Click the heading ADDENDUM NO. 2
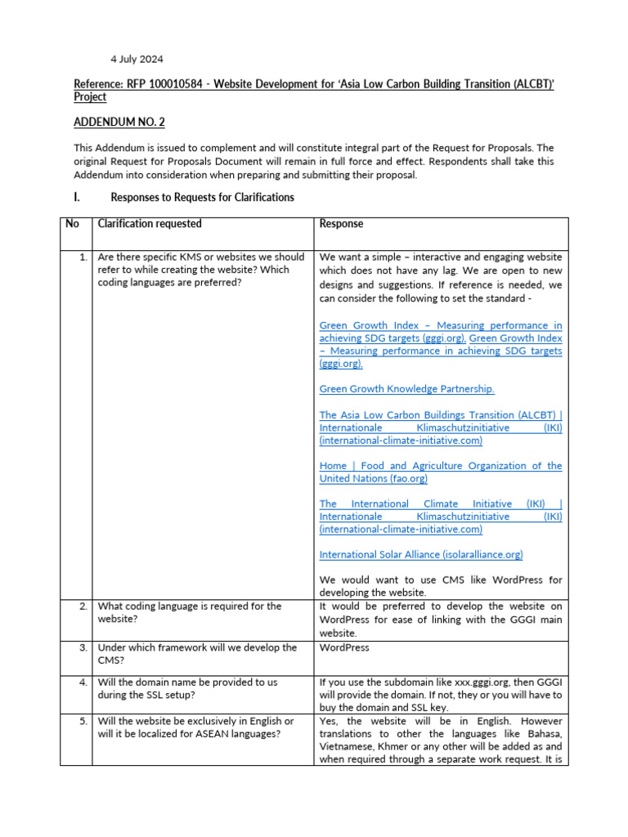119,122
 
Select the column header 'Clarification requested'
150,223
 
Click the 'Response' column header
341,223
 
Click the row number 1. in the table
83,257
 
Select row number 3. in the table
83,647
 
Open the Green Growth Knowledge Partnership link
406,389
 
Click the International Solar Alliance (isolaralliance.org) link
421,554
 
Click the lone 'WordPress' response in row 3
343,647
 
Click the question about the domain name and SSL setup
187,687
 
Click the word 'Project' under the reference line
90,96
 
